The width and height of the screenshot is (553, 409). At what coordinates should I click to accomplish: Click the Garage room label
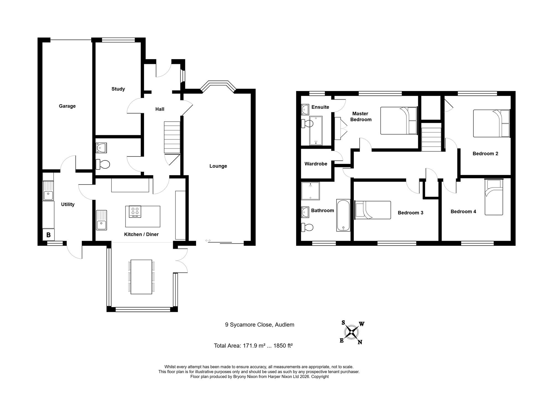[67, 106]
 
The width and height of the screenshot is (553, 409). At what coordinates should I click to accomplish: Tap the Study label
[118, 89]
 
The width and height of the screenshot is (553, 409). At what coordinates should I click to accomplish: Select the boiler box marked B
[48, 235]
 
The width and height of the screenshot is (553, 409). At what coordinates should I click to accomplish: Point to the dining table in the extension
[141, 277]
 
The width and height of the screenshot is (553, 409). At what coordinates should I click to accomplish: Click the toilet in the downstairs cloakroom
[103, 164]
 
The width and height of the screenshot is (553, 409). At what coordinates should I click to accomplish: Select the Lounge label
[218, 166]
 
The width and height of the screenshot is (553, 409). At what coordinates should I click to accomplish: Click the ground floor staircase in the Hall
[172, 137]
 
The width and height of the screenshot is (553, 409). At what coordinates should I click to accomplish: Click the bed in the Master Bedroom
[398, 121]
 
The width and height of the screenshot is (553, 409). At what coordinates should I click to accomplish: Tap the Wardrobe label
[316, 164]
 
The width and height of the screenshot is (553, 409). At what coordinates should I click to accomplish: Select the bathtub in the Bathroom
[343, 215]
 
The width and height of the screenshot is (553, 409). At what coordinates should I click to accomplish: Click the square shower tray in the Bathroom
[310, 191]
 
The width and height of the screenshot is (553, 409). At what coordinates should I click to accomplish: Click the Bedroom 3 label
[410, 213]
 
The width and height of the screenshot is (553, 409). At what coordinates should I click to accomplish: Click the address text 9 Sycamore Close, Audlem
[259, 325]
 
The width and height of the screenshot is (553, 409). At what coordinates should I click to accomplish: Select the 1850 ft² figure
[283, 345]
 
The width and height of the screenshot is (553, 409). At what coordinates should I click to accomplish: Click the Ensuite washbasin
[305, 109]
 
